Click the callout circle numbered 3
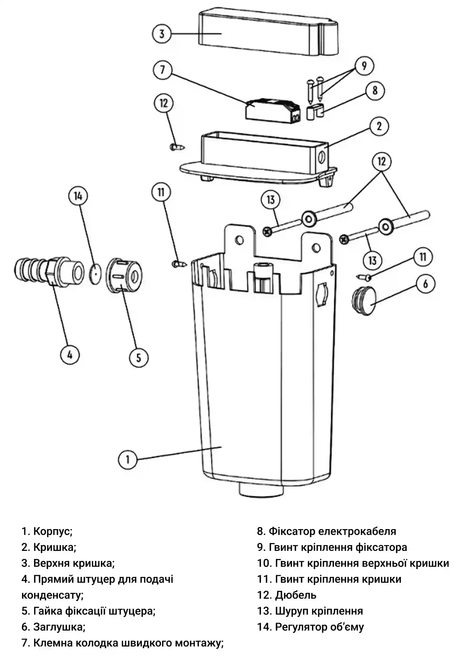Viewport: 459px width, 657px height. (162, 34)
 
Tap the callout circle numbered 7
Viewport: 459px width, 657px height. (163, 70)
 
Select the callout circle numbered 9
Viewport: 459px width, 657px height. (364, 66)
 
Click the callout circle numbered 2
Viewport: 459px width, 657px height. (379, 126)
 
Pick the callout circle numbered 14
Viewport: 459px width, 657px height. (78, 196)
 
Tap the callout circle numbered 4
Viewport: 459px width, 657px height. (70, 355)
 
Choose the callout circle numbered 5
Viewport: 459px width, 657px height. (139, 357)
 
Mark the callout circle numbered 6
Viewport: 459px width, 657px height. (426, 284)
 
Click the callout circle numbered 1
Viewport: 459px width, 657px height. (128, 460)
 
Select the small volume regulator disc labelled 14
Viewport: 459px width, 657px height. (95, 274)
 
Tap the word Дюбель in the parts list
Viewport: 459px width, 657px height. (296, 595)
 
